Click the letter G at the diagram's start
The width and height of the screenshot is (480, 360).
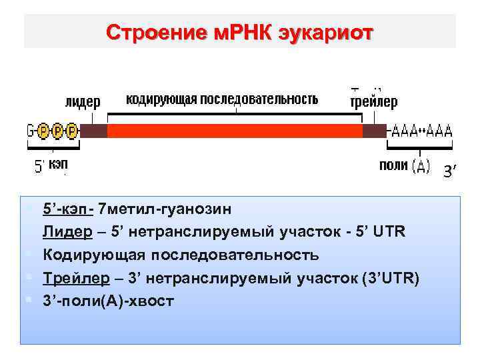tap(30, 130)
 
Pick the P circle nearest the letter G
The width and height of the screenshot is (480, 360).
tap(43, 130)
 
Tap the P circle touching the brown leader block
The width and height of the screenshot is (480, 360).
tap(72, 130)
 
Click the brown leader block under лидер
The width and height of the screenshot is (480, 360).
tap(93, 130)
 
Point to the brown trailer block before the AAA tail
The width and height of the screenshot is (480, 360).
tap(375, 130)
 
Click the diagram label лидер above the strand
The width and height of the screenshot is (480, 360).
tap(83, 102)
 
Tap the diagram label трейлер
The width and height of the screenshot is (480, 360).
tap(374, 102)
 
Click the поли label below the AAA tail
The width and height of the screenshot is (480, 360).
tap(393, 165)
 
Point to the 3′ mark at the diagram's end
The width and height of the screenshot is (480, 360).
tap(451, 173)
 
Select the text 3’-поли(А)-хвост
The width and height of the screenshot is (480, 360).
tap(108, 300)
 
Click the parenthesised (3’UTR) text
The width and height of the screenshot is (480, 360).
tap(389, 277)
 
